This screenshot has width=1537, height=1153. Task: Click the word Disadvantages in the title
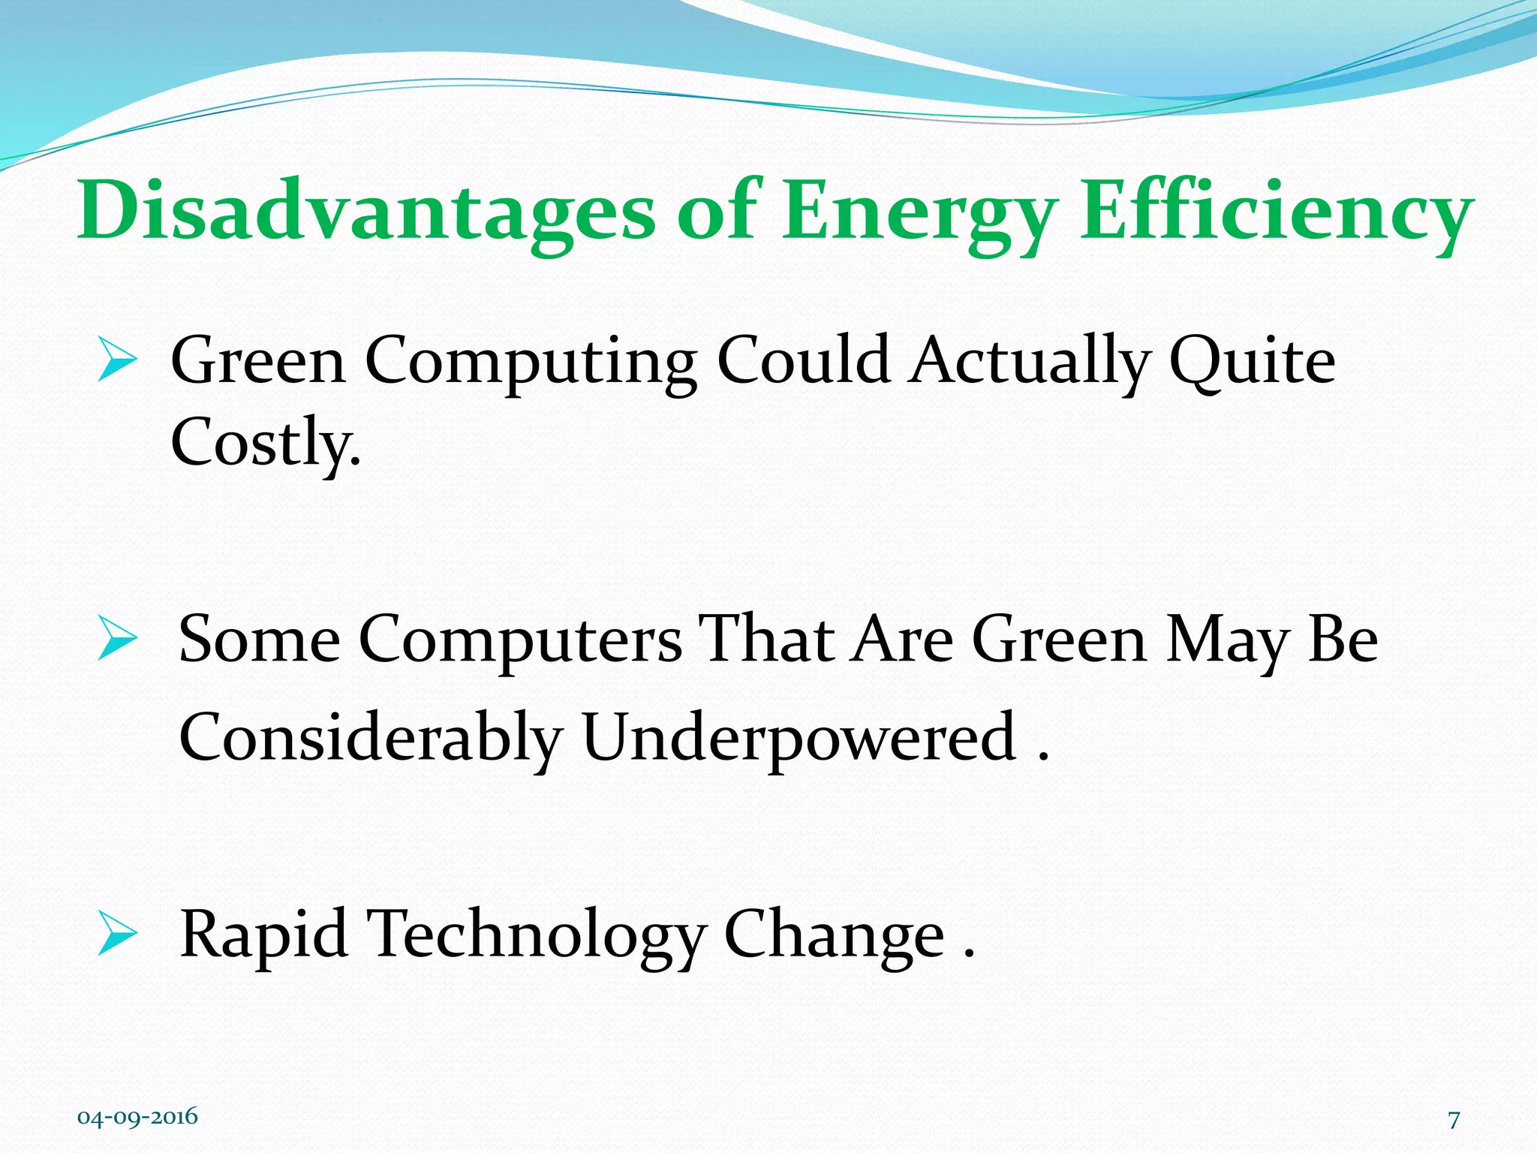(x=366, y=212)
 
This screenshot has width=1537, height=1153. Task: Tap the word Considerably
(x=371, y=738)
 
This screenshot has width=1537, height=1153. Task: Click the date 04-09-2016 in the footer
(x=137, y=1116)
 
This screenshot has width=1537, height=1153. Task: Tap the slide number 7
(x=1454, y=1120)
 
